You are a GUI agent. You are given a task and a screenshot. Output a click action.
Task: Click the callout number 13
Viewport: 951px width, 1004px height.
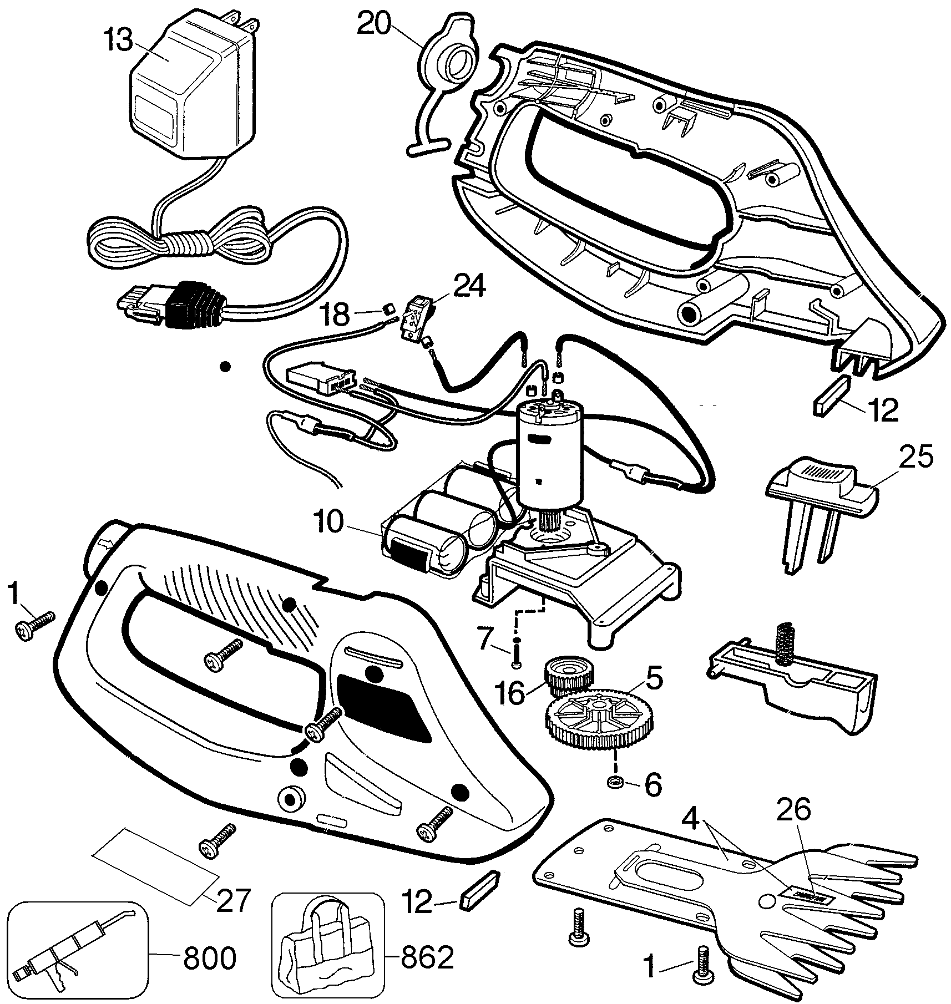point(118,40)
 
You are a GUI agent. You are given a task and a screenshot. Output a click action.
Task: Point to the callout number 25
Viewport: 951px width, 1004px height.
point(916,459)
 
